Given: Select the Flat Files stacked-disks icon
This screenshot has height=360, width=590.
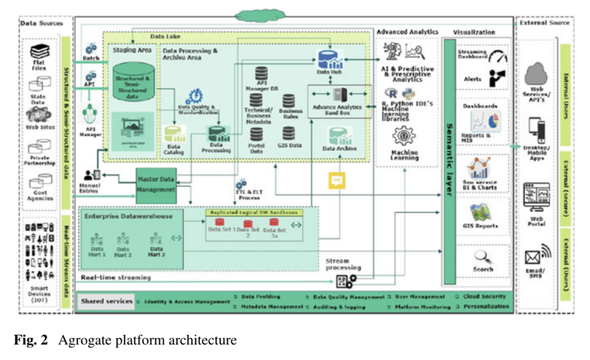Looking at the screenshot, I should pyautogui.click(x=39, y=52).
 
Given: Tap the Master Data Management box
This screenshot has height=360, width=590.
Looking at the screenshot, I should pyautogui.click(x=156, y=185).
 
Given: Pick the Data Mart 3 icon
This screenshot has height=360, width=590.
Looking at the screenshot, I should pyautogui.click(x=156, y=238).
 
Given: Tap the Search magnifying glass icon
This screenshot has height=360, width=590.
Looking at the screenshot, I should pyautogui.click(x=482, y=256).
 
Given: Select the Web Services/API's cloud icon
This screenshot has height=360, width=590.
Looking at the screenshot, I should pyautogui.click(x=536, y=73).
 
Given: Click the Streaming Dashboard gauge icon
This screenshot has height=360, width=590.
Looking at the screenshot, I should pyautogui.click(x=498, y=56).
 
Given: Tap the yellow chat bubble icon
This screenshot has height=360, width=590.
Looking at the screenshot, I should pyautogui.click(x=336, y=180).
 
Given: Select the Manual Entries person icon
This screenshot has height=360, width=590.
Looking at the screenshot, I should pyautogui.click(x=91, y=175).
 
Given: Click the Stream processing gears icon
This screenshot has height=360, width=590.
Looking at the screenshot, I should pyautogui.click(x=346, y=281).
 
